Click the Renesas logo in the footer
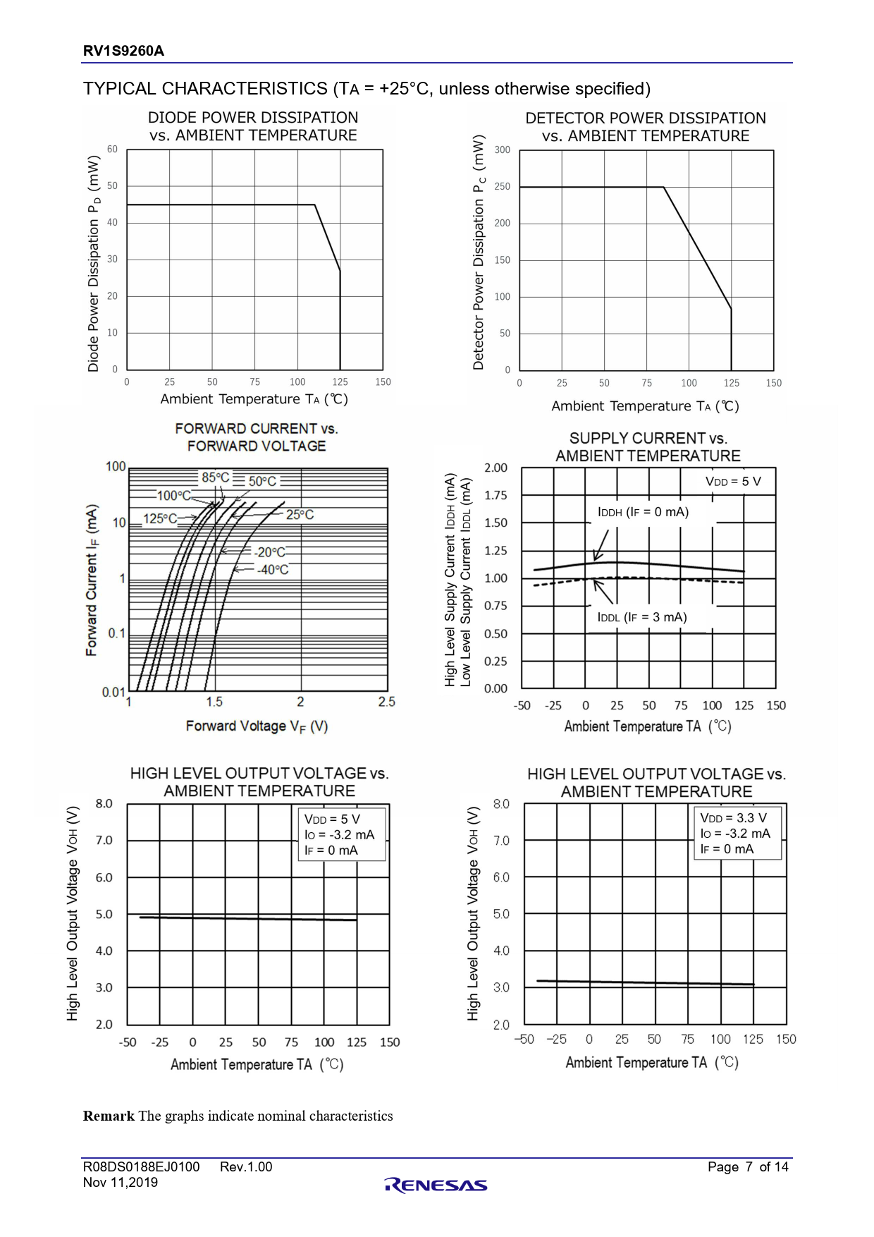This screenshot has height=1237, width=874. (x=436, y=1186)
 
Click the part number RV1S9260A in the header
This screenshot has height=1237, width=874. (x=123, y=51)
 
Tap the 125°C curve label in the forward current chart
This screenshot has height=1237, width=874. (x=160, y=518)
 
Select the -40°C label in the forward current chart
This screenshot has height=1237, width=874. (x=273, y=570)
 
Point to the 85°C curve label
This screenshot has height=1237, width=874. (x=216, y=477)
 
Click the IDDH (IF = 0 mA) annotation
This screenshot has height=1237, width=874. (x=643, y=512)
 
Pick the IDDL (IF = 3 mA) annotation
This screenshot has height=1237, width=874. (x=641, y=617)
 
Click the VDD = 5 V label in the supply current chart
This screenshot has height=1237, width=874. (x=733, y=482)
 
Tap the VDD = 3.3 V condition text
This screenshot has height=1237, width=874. (x=733, y=818)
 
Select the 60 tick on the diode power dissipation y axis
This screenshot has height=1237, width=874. (x=113, y=150)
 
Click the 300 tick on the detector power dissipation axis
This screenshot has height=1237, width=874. (x=502, y=150)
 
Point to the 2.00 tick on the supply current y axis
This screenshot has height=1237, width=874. (x=496, y=468)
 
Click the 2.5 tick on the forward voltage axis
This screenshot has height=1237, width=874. (x=386, y=702)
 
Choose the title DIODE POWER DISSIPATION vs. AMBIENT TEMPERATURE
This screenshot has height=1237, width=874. (x=253, y=126)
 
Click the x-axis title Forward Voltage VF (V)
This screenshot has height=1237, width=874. (x=257, y=726)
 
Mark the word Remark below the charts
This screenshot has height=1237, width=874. (x=109, y=1116)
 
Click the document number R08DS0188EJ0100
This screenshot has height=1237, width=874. (x=141, y=1167)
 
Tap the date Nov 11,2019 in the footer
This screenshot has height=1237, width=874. (x=121, y=1183)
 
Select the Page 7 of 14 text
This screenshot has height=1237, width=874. (x=748, y=1167)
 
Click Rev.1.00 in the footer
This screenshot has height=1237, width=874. (x=246, y=1167)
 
